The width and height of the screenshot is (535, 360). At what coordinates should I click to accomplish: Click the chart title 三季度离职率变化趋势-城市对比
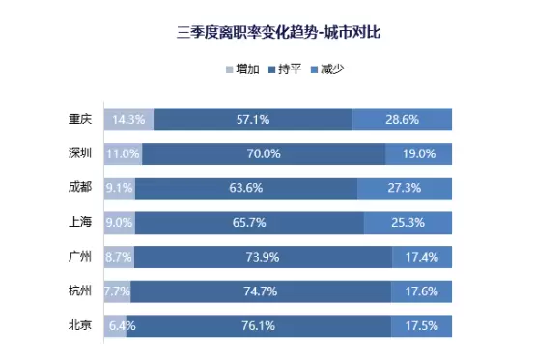click(278, 33)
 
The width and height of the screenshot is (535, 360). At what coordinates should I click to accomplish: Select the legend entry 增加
click(242, 69)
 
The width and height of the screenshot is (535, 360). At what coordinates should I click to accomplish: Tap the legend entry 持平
click(285, 69)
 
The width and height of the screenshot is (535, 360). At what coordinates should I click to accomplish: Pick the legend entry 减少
click(327, 69)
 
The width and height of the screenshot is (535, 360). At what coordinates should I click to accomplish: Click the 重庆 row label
click(80, 119)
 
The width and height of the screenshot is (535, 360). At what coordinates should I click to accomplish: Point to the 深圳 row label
click(80, 153)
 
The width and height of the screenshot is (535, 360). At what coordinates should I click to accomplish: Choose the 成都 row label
click(80, 187)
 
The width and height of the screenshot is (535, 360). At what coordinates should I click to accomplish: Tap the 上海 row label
click(80, 222)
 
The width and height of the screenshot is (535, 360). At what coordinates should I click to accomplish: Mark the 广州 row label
click(80, 257)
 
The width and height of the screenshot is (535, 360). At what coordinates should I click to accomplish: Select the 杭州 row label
click(80, 291)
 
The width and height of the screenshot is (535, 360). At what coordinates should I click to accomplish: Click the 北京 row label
click(80, 325)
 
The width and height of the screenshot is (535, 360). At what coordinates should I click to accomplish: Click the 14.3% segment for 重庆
click(129, 120)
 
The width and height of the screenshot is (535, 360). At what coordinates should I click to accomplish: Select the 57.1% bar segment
click(253, 120)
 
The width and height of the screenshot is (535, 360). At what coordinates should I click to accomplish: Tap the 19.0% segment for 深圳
click(419, 153)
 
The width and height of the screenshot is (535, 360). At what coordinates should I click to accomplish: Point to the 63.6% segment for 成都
click(246, 188)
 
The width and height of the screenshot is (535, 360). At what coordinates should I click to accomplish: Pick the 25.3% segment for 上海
click(408, 223)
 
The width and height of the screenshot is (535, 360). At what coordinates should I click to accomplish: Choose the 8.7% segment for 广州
click(120, 257)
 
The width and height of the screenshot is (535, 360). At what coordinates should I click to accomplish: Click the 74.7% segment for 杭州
click(261, 291)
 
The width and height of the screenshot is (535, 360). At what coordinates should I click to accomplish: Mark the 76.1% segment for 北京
click(259, 326)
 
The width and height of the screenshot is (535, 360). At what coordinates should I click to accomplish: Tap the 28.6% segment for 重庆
click(403, 120)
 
